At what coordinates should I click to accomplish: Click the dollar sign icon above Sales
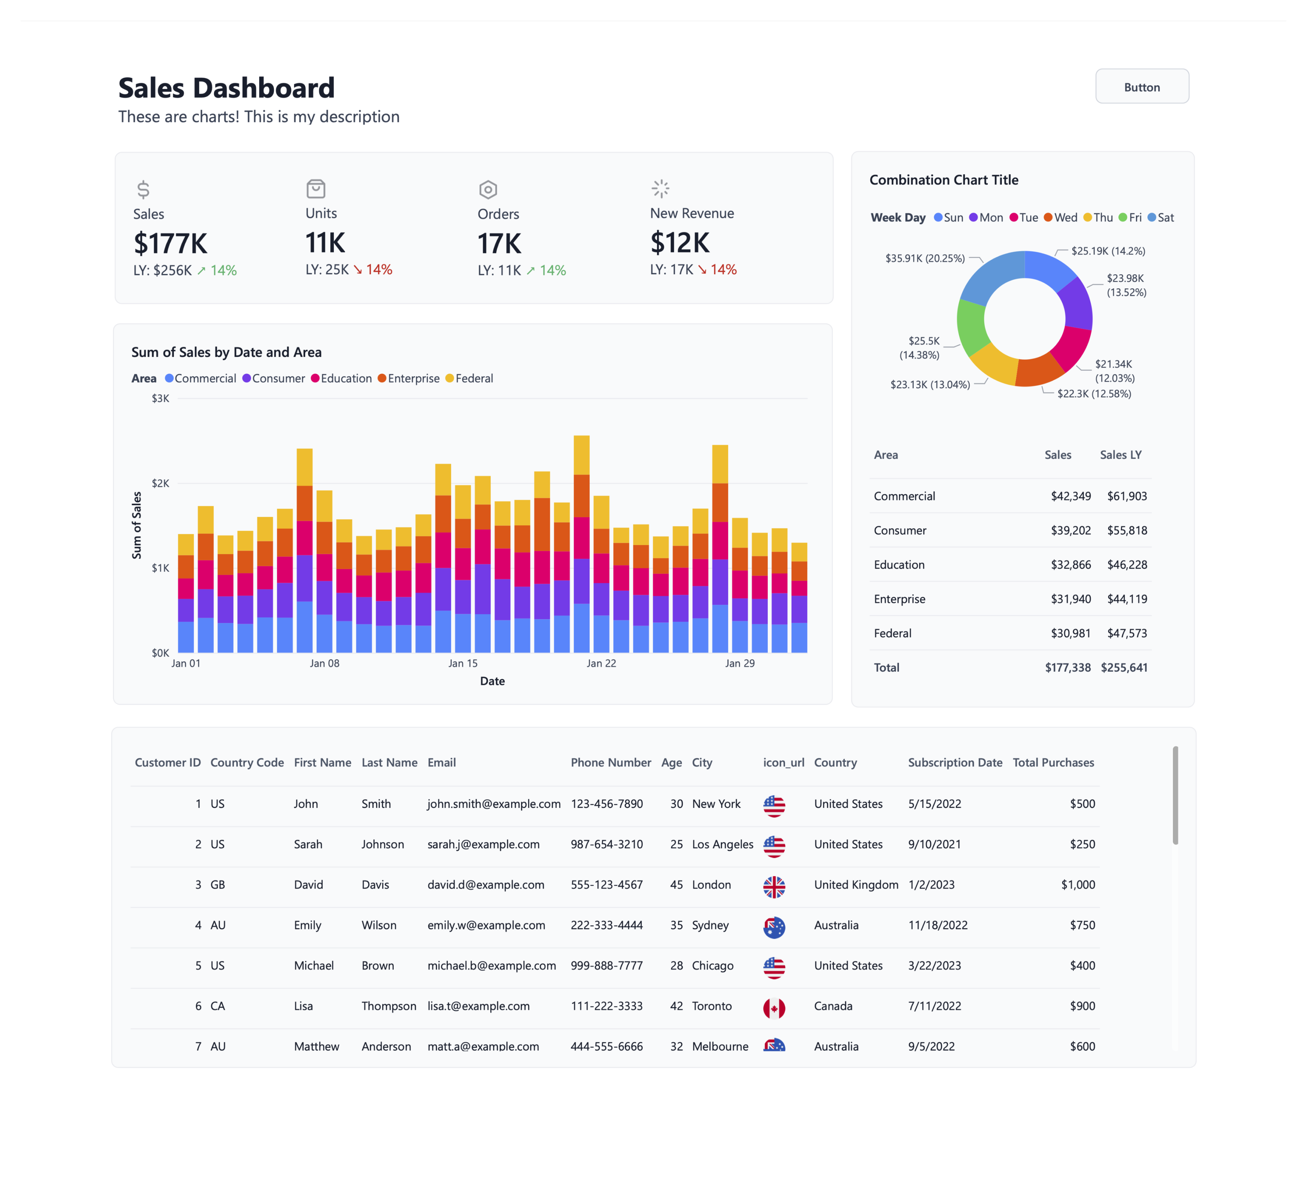tap(143, 189)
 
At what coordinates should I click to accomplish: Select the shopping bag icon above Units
tap(316, 189)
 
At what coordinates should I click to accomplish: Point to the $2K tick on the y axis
tap(160, 483)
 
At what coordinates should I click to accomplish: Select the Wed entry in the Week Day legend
tap(1061, 217)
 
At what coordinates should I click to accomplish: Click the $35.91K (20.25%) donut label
tap(925, 258)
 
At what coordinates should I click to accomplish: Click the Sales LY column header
tap(1120, 455)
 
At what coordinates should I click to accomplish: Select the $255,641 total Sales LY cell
tap(1124, 667)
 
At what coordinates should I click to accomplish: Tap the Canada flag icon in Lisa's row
tap(774, 1007)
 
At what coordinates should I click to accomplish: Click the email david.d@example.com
tap(486, 885)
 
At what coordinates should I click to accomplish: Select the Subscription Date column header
tap(954, 762)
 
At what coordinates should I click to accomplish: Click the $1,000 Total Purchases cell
tap(1078, 885)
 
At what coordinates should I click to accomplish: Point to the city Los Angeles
tap(722, 844)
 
